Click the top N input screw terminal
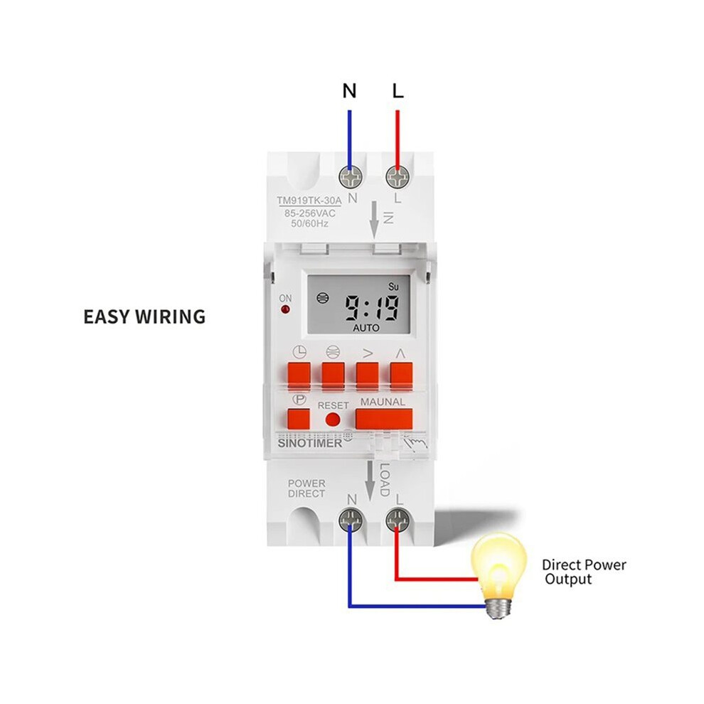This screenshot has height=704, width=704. point(351,176)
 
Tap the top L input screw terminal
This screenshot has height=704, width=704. point(398,176)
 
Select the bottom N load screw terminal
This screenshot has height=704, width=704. point(351,520)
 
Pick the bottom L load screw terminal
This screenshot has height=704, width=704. point(398,520)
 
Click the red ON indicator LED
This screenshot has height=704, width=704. point(285,309)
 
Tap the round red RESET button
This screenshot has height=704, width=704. point(333,420)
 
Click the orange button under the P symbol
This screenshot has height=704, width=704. point(299,418)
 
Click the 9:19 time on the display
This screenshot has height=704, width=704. point(371,308)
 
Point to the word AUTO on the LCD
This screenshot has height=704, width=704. point(366,329)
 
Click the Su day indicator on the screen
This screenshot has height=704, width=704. point(393,287)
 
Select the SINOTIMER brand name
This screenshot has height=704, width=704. point(310,443)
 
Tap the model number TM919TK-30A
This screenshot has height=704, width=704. point(309,201)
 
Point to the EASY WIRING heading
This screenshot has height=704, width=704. point(144,316)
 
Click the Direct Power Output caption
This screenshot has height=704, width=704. point(584,572)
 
